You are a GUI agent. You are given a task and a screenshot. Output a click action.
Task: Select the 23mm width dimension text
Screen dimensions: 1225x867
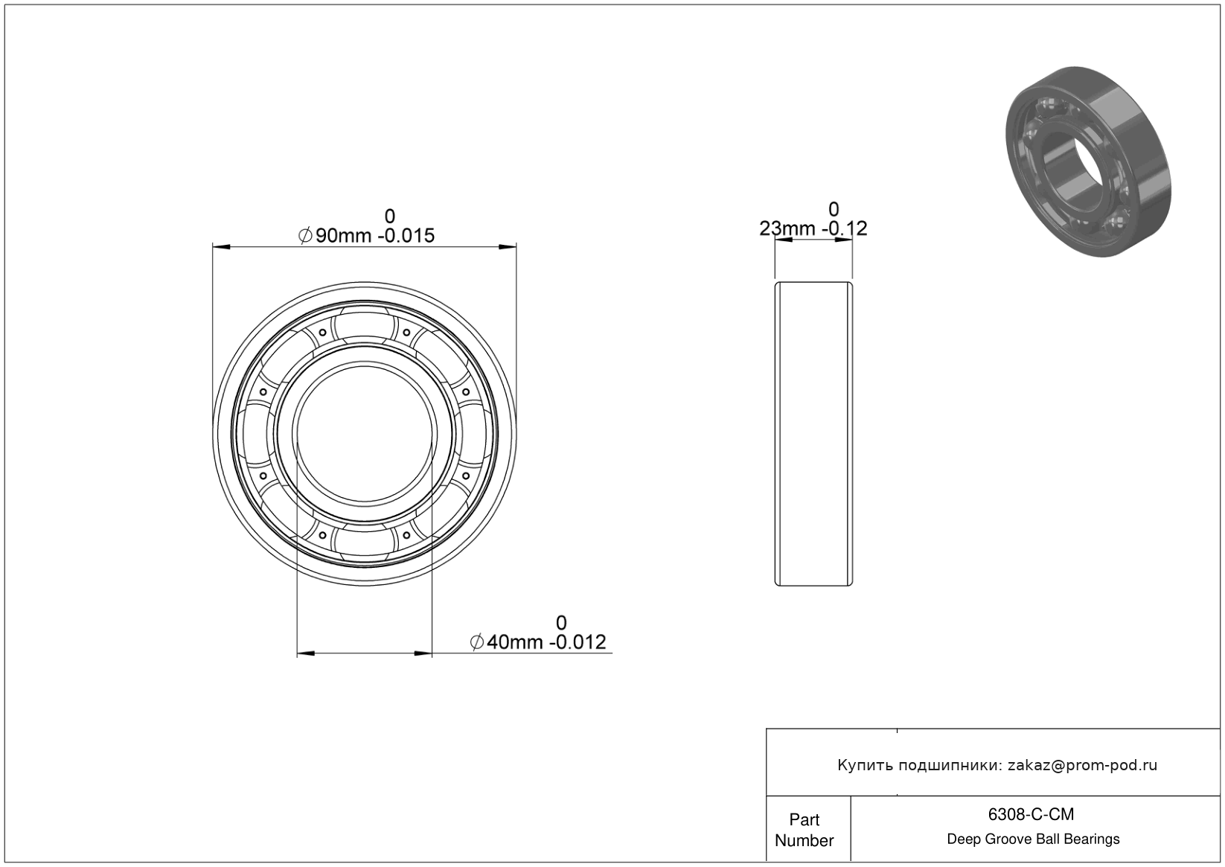pos(813,228)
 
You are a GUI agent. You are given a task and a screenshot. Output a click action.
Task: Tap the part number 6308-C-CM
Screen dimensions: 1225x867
pos(1031,814)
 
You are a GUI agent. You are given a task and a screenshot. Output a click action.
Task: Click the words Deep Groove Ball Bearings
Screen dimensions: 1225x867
pos(1033,839)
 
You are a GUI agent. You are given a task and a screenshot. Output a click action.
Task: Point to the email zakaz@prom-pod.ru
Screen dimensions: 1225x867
pos(1082,765)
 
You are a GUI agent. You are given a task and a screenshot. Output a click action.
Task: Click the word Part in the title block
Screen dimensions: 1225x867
pos(804,819)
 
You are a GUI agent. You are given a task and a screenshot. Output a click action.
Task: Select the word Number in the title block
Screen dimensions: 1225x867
pos(804,840)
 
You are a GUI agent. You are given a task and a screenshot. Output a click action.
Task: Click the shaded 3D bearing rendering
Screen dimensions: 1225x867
pos(1088,161)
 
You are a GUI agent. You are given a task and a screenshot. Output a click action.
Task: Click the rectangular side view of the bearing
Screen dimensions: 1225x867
pos(813,434)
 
